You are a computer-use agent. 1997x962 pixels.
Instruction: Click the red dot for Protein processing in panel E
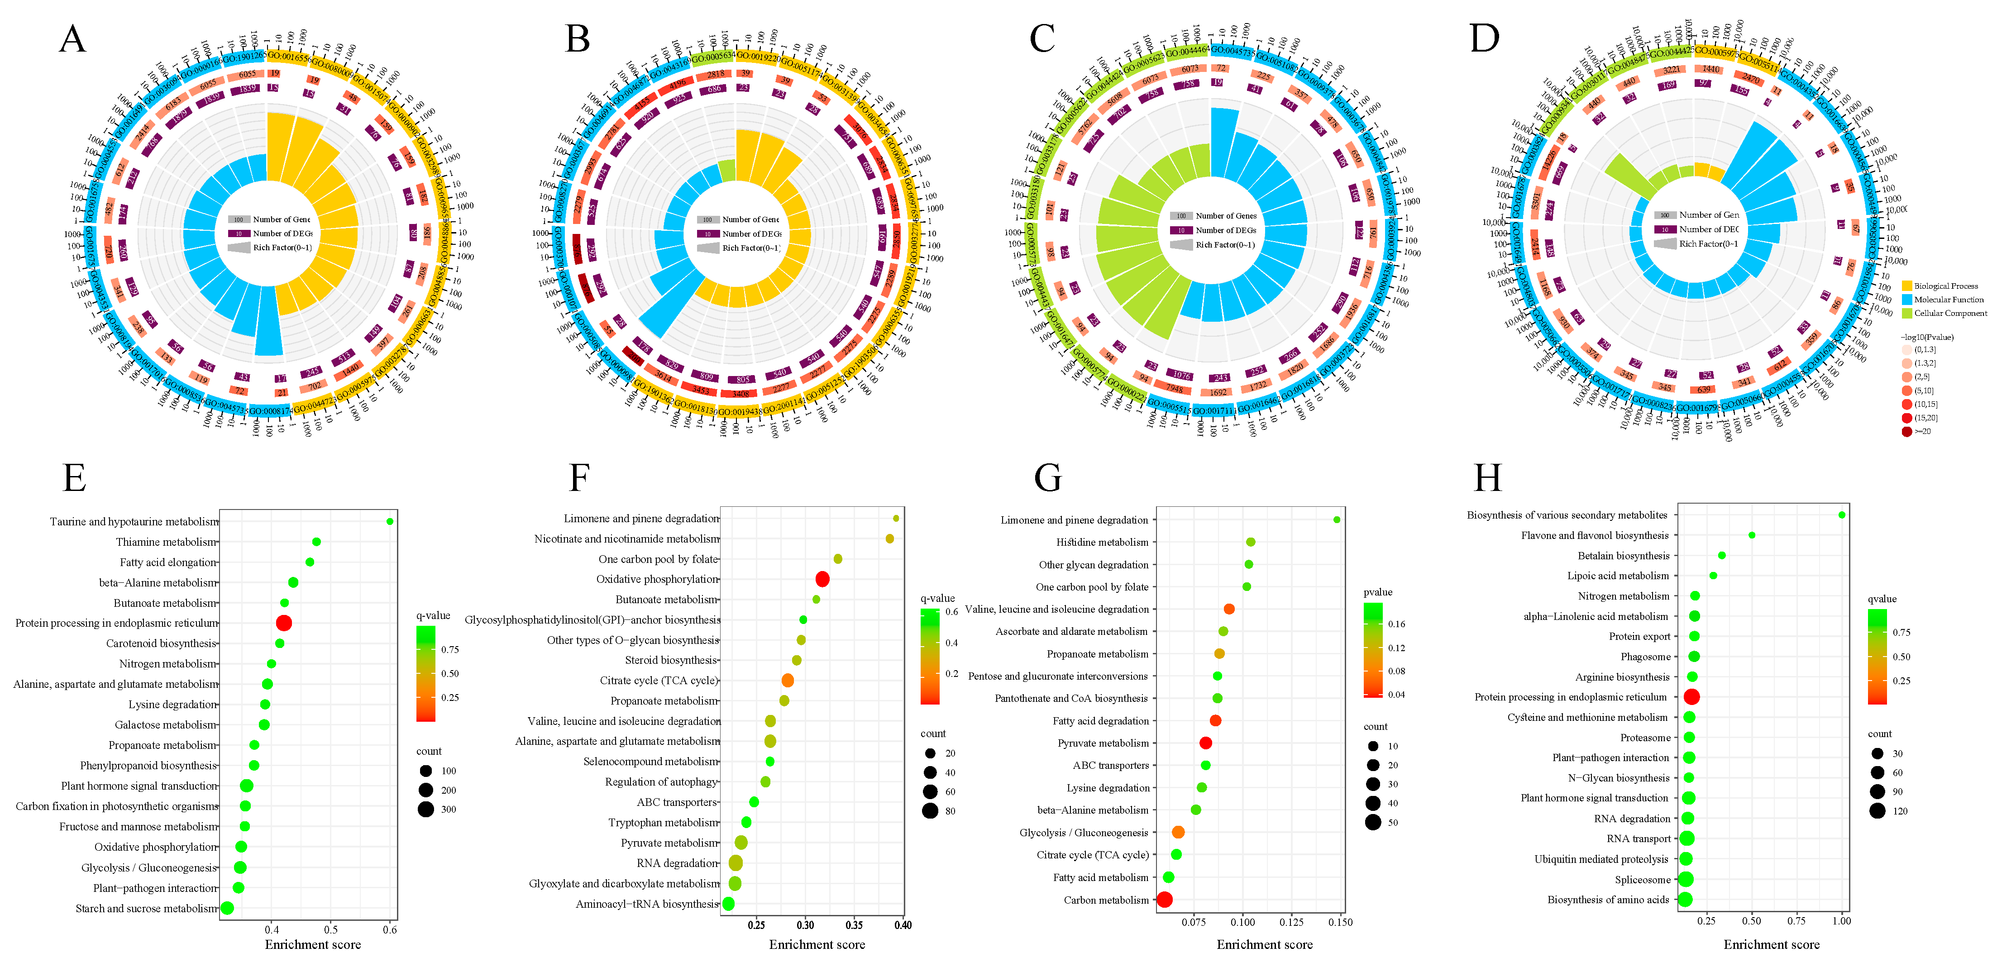(x=284, y=623)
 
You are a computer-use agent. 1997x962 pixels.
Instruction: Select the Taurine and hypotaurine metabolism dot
(x=390, y=522)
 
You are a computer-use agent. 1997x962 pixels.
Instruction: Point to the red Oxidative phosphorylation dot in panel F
(x=822, y=579)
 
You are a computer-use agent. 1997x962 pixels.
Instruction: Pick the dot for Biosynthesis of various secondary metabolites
(x=1841, y=515)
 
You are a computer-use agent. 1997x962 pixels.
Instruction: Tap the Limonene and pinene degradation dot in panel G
(x=1337, y=519)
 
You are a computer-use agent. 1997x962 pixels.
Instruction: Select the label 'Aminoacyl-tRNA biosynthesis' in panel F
(x=647, y=904)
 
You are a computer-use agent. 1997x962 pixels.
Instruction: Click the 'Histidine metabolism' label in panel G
(x=1102, y=542)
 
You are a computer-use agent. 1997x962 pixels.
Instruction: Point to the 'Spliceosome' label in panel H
(x=1642, y=880)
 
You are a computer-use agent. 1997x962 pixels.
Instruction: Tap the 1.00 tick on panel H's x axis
(x=1841, y=921)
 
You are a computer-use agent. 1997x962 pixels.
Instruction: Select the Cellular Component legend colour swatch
(x=1906, y=313)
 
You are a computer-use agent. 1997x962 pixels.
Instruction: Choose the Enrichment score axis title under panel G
(x=1264, y=944)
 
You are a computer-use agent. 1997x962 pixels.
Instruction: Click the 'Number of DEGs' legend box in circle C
(x=1180, y=230)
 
